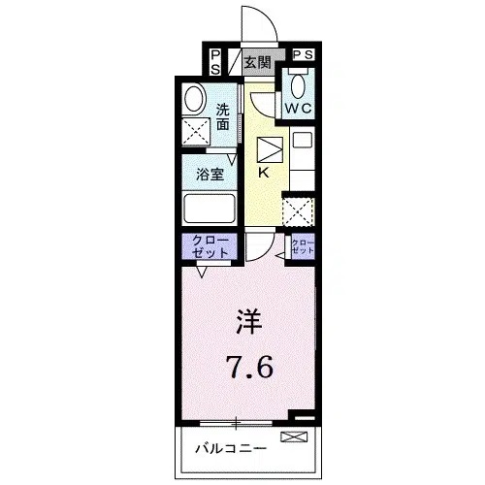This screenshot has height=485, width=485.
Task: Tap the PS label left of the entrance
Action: (214, 62)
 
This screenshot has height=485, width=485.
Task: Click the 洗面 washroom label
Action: (224, 117)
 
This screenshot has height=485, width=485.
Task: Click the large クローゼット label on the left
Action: (205, 245)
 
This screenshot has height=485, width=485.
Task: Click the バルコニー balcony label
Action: (226, 449)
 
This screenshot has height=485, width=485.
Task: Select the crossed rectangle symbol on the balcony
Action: (292, 438)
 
